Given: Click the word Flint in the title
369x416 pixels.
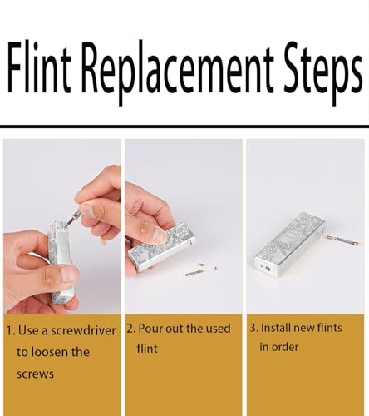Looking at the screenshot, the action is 39,67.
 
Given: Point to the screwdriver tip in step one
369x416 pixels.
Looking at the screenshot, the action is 66,225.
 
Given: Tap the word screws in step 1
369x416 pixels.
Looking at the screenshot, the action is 35,374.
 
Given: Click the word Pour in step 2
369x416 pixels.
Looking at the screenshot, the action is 150,329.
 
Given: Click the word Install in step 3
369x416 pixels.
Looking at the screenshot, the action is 276,328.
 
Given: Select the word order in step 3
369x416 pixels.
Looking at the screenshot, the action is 285,347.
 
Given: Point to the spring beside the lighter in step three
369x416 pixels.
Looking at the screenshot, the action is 343,240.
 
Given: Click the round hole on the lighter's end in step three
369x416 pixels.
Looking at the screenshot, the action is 268,268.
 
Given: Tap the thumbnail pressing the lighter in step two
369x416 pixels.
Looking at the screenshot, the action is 160,235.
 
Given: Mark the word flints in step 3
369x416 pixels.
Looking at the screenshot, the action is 330,328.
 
